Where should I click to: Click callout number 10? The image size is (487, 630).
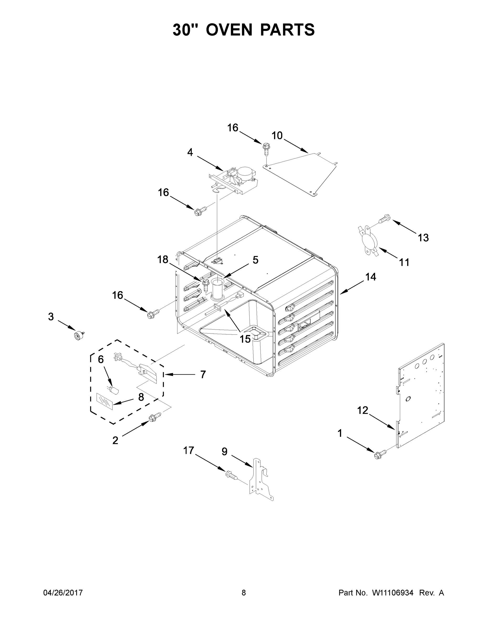click(x=277, y=135)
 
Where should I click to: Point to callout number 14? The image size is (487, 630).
click(x=371, y=277)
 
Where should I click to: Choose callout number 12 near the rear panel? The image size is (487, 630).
click(x=363, y=410)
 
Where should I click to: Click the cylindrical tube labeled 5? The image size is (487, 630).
click(x=216, y=288)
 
